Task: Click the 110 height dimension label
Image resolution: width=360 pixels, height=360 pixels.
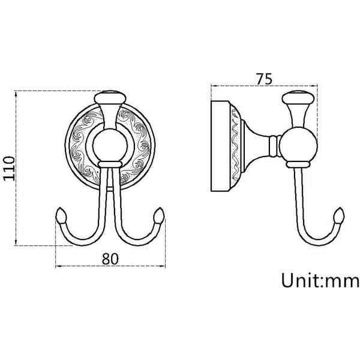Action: point(9,168)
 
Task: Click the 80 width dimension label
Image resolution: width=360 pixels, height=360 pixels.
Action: point(110,259)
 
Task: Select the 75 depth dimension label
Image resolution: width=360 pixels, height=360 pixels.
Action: point(264,79)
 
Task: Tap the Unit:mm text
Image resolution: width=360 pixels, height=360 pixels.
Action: point(320,280)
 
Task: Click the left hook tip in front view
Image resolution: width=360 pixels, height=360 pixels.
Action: point(61,215)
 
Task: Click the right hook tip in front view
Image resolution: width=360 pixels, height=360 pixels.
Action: point(159,215)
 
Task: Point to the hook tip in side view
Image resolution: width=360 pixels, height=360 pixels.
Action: point(339,215)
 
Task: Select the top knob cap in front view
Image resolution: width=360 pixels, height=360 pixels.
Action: point(110,98)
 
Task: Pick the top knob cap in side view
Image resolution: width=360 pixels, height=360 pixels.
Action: point(298,99)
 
